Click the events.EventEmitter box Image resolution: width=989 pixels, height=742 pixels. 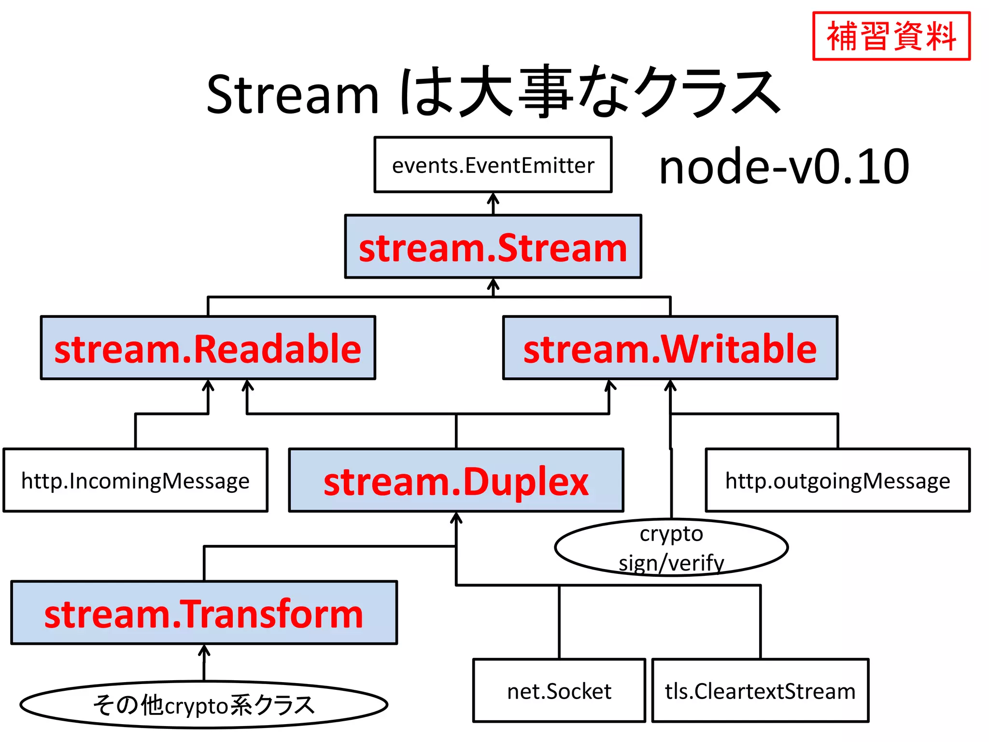tap(493, 165)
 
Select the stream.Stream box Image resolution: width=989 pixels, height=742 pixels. tap(493, 247)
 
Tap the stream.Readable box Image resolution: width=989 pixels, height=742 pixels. tap(208, 348)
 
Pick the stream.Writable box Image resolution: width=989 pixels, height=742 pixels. tap(670, 348)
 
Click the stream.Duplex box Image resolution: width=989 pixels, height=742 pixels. tap(456, 480)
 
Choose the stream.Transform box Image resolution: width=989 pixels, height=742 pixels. tap(204, 613)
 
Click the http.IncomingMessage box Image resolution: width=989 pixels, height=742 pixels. tap(135, 480)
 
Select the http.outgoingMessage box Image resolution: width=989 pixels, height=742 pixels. tap(837, 480)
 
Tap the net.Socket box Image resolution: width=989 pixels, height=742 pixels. tap(559, 690)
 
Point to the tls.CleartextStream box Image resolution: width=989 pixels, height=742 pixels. tap(760, 690)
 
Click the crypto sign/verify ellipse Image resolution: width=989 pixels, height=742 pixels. tap(671, 547)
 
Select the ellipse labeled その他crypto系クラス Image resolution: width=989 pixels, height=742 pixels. tap(204, 704)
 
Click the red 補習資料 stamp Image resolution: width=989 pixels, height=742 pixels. tap(891, 36)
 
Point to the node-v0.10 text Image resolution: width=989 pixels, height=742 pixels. tap(784, 166)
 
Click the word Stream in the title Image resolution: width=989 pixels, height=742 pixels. tap(292, 94)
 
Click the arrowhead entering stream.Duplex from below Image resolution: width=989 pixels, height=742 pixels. tap(456, 518)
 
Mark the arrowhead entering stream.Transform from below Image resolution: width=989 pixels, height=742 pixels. tap(204, 650)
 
